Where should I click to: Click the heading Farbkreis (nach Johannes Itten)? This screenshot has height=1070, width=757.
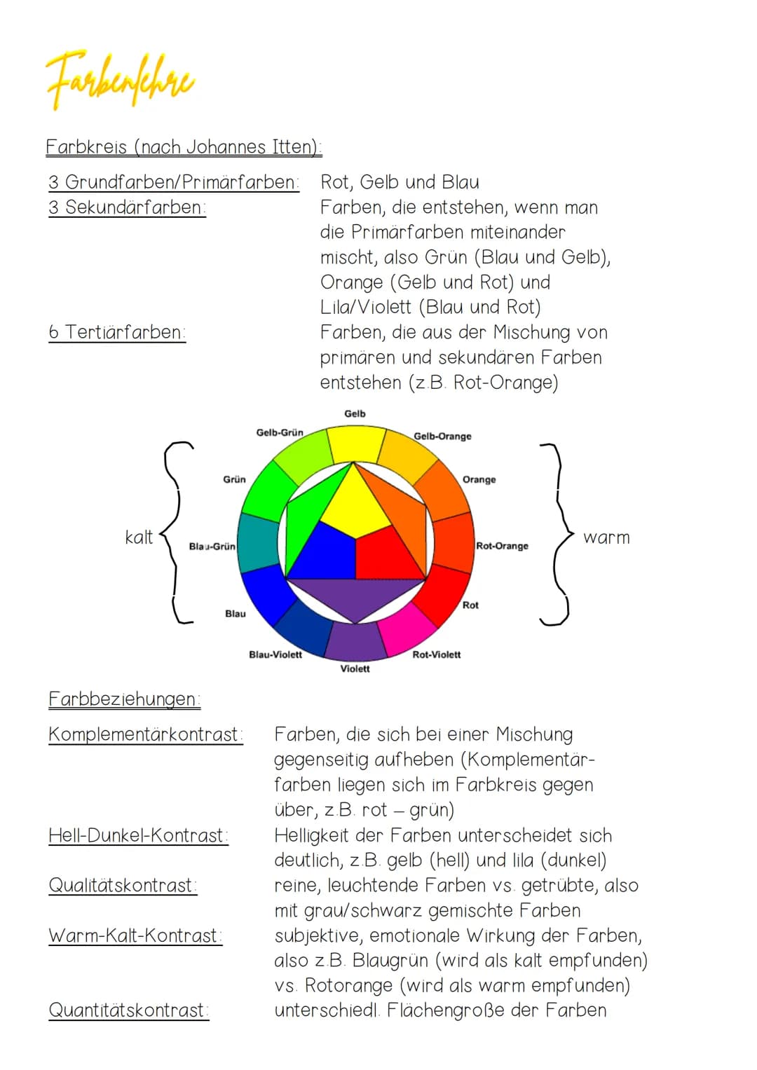tap(184, 146)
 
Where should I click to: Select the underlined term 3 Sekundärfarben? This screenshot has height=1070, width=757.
tap(127, 207)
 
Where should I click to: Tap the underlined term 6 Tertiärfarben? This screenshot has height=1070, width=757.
tap(117, 332)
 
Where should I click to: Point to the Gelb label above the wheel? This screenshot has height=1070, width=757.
tap(355, 413)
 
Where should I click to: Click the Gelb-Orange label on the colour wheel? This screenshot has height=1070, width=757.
tap(442, 436)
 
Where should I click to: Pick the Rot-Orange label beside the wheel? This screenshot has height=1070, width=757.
tap(503, 546)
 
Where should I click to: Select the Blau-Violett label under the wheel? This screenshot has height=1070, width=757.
tap(275, 654)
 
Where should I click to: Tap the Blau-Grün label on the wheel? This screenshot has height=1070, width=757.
tap(212, 546)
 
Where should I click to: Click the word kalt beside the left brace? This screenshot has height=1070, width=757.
tap(139, 537)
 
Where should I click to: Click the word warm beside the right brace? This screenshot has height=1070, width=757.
tap(606, 538)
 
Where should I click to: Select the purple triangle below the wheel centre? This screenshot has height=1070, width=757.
tap(355, 597)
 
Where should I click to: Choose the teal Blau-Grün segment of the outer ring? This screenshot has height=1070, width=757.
tap(259, 542)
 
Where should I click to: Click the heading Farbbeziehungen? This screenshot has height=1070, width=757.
tap(124, 699)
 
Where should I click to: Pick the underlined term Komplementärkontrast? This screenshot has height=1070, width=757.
tap(145, 734)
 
